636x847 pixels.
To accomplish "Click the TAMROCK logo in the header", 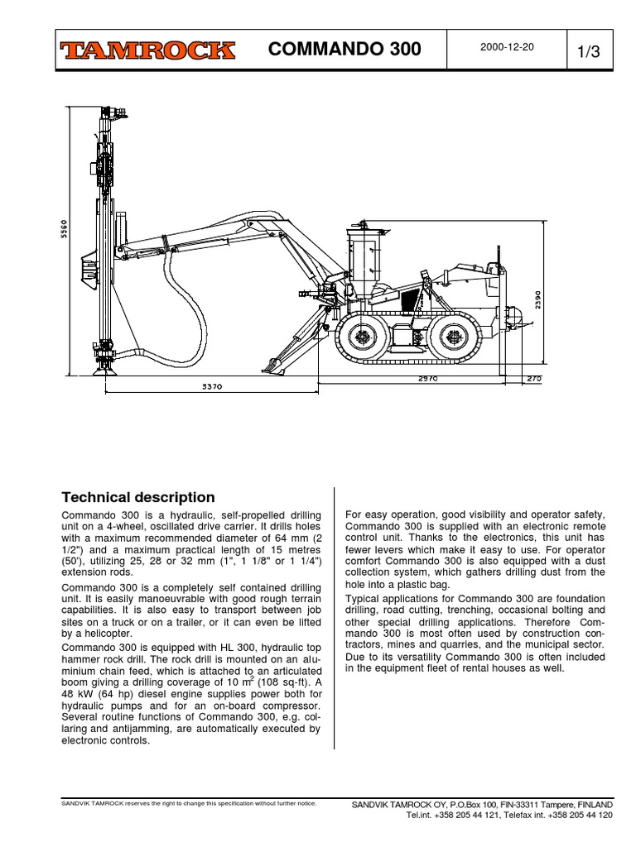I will coord(147,51).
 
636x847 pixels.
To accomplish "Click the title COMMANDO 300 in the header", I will coord(345,51).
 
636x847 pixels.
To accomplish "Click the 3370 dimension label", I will coord(213,386).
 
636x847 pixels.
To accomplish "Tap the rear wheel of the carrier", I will coord(453,336).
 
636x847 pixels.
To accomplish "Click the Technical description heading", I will coord(138,497).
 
